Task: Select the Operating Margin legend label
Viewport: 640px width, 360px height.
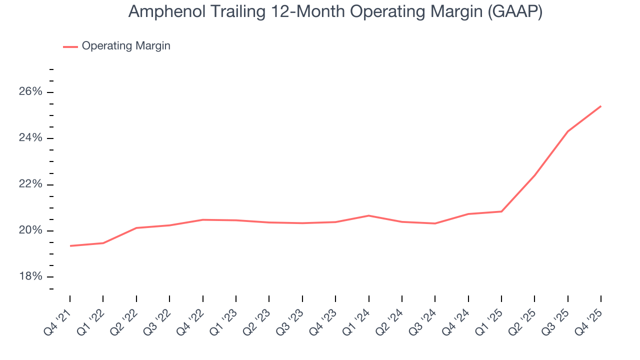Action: [126, 46]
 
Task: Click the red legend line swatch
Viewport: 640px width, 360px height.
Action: [70, 46]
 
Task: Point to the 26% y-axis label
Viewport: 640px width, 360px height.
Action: [31, 92]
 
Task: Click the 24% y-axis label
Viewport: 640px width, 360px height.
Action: [31, 138]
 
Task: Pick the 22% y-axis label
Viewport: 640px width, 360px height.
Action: [31, 184]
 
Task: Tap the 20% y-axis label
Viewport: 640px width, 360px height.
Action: [31, 230]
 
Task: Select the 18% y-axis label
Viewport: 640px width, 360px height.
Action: [31, 276]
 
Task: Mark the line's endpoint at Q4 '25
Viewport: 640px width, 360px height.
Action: [600, 106]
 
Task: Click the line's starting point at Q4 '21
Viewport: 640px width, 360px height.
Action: [70, 245]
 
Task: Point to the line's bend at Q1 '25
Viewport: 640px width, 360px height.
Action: [501, 211]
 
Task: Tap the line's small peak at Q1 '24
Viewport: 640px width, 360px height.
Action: [368, 215]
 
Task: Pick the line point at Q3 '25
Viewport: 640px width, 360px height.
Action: [567, 131]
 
